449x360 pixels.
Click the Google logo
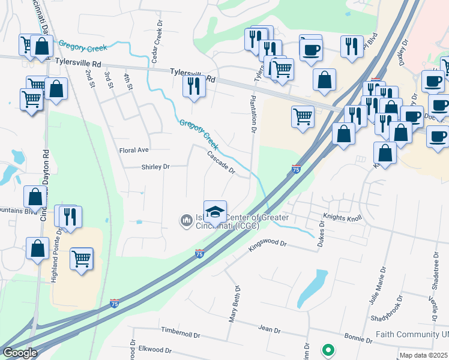pos(20,353)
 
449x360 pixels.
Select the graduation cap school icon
pos(215,211)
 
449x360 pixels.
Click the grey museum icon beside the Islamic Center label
pos(186,221)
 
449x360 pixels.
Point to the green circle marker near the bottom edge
pos(328,349)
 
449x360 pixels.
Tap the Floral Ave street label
pos(134,149)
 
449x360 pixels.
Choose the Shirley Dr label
pos(155,167)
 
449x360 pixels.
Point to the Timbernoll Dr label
pos(180,332)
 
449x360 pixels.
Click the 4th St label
pos(128,82)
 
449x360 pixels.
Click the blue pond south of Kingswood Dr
pos(312,289)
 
